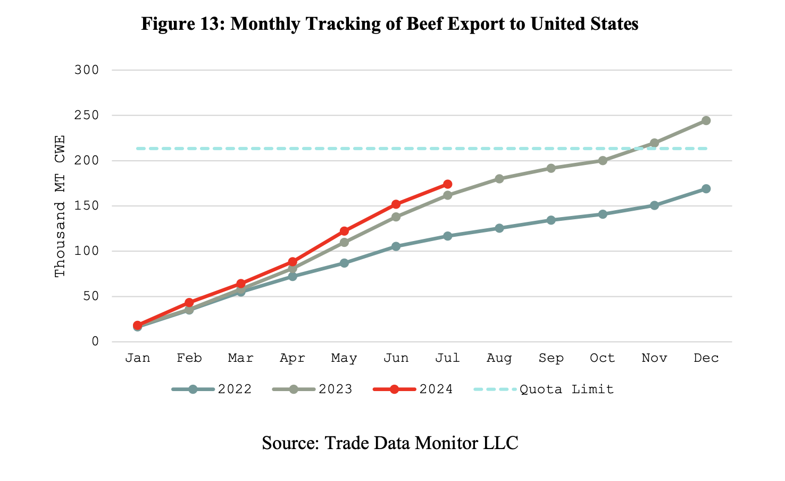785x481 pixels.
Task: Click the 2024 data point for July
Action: (x=447, y=184)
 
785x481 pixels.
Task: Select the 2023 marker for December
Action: (x=706, y=121)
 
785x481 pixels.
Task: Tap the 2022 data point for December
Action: (x=706, y=189)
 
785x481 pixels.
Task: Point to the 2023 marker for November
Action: (x=654, y=143)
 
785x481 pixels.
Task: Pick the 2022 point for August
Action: (x=499, y=228)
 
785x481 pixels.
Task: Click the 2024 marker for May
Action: (x=344, y=231)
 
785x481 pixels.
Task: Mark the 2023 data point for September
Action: (x=551, y=168)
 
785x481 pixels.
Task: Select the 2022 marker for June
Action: (x=396, y=246)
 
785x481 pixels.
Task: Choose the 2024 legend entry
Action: (x=413, y=389)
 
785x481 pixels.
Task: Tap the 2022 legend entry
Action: (x=212, y=389)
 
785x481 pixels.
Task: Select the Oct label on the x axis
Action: (x=603, y=358)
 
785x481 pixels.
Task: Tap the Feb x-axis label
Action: (x=189, y=358)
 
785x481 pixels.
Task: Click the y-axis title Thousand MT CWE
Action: (x=60, y=206)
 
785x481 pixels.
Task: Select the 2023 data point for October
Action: (x=603, y=160)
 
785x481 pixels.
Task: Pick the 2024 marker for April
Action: (x=293, y=262)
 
